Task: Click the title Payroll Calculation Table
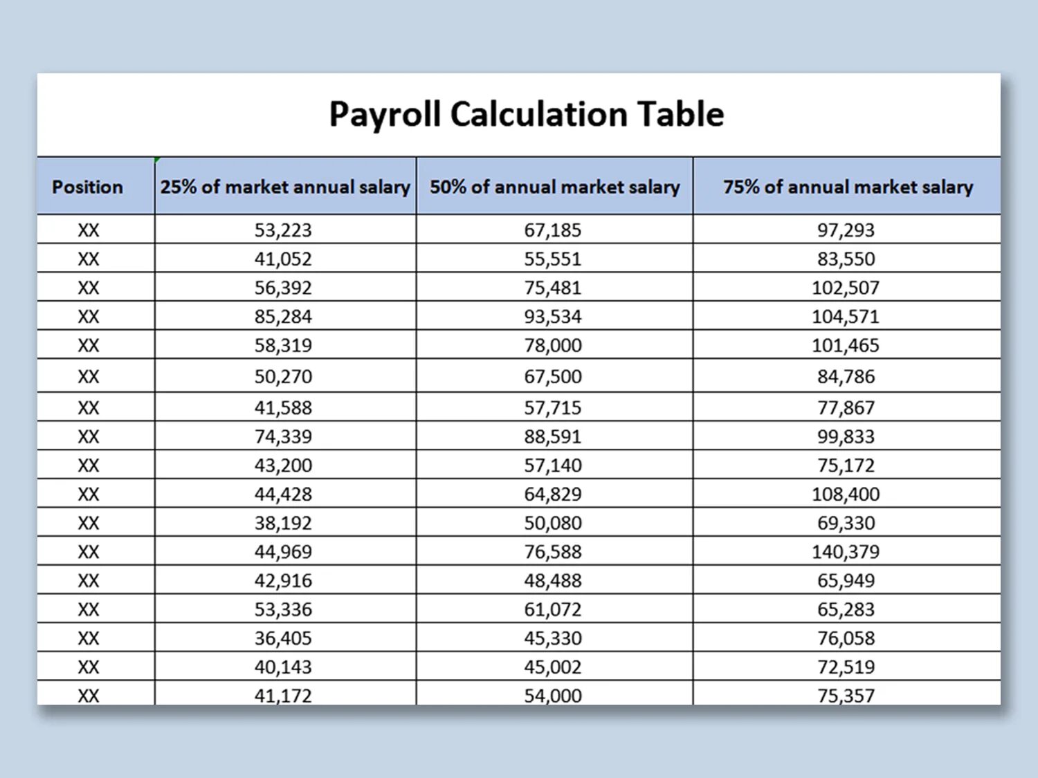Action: pos(526,114)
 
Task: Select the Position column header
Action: pos(87,187)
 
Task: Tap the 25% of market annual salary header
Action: pos(285,187)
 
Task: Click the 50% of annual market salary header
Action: pos(554,187)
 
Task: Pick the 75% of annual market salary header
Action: pos(848,187)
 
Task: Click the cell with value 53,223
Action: pos(283,230)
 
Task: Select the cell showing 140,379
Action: pos(846,552)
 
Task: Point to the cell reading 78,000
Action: pos(553,345)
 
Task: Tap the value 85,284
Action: pos(283,317)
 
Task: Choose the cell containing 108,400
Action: pos(846,494)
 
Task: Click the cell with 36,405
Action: pos(283,638)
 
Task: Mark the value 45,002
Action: pos(553,667)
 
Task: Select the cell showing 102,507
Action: pos(846,288)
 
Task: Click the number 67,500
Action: pos(553,377)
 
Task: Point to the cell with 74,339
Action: pos(283,437)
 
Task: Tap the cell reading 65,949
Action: pos(846,581)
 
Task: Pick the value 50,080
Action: pos(553,524)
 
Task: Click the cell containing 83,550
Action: pos(846,259)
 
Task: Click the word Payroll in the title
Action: pos(385,114)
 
